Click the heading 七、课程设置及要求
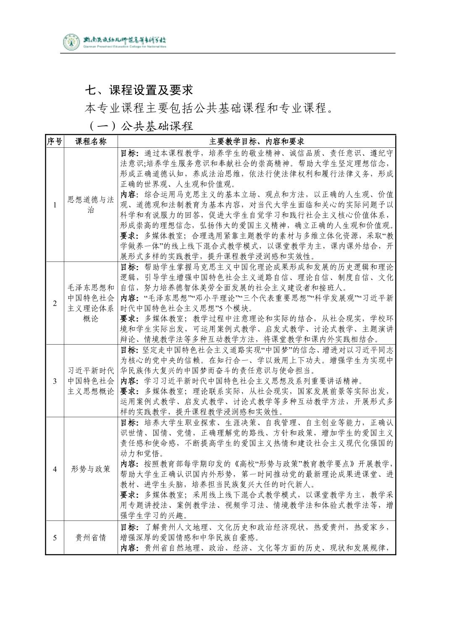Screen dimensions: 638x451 [x=139, y=90]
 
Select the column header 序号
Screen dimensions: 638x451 [x=55, y=141]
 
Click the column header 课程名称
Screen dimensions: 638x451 [x=91, y=141]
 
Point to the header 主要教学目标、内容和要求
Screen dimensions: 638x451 [x=257, y=141]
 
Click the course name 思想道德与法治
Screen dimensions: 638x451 [x=91, y=204]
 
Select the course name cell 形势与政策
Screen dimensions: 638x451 [x=91, y=469]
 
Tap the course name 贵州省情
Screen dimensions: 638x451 [x=91, y=538]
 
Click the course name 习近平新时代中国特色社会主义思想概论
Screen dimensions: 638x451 [x=91, y=381]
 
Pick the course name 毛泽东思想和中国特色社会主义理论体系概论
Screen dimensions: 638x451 [x=91, y=303]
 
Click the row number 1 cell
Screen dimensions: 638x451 [x=55, y=204]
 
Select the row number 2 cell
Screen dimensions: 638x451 [x=55, y=303]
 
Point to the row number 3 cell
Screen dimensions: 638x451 [x=55, y=381]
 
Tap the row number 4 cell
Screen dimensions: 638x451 [x=55, y=469]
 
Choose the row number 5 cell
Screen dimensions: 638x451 [x=55, y=538]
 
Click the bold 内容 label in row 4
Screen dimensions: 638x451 [x=128, y=464]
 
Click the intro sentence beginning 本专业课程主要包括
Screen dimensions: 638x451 [x=209, y=108]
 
